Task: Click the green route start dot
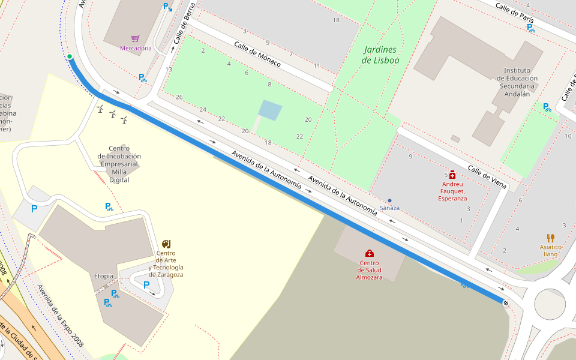point(70,57)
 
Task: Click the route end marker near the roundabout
point(506,303)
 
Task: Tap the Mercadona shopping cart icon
point(136,38)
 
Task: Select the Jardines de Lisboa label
point(380,55)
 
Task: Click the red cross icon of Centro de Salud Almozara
point(369,253)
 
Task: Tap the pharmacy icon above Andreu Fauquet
point(452,174)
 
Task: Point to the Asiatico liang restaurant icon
point(550,238)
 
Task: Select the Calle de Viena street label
point(487,177)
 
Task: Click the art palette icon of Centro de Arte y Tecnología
point(166,244)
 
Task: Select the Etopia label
point(104,276)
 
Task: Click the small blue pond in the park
point(270,110)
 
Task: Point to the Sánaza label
point(389,208)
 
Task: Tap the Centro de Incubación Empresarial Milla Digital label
point(119,164)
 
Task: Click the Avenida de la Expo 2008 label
point(60,316)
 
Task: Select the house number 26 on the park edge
point(179,97)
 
